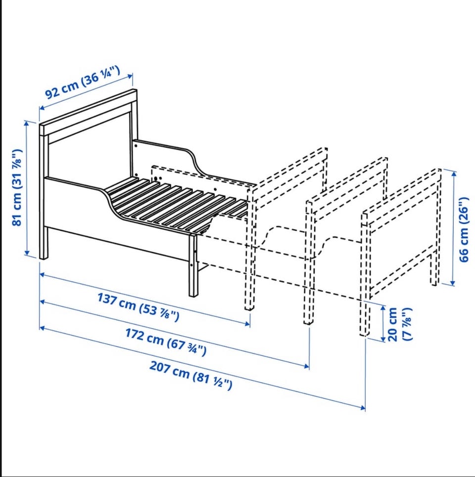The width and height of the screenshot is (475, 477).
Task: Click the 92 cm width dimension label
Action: (x=83, y=82)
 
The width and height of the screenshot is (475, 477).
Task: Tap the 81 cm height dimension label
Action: (x=17, y=187)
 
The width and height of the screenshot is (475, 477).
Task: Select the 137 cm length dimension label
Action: (x=139, y=306)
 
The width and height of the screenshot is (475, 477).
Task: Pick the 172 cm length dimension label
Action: (x=166, y=342)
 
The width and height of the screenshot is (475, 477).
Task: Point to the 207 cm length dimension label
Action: (x=191, y=375)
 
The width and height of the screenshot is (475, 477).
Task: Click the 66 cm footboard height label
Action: (x=464, y=230)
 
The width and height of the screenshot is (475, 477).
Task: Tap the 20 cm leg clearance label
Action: (x=399, y=324)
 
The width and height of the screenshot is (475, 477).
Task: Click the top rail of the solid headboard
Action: (x=88, y=113)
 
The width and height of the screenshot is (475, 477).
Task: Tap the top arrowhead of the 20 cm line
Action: (x=383, y=308)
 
